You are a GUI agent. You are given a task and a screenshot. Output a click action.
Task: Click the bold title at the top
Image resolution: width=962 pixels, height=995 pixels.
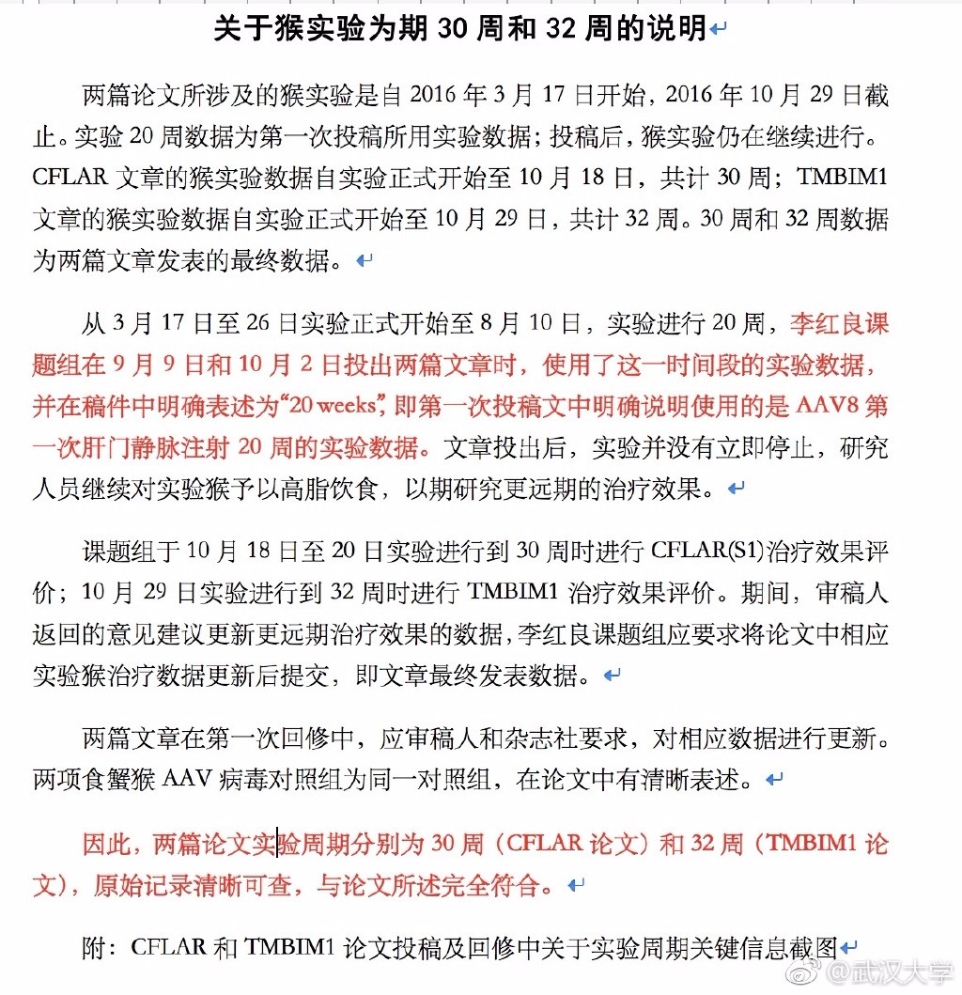[x=460, y=29]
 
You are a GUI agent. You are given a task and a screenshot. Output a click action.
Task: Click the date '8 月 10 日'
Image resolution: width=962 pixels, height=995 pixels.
[x=530, y=325]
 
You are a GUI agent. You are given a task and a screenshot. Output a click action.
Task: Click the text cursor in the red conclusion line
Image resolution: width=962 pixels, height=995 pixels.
[x=277, y=844]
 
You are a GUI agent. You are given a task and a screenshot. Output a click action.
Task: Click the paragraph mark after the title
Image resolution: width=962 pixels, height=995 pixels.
[x=719, y=30]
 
